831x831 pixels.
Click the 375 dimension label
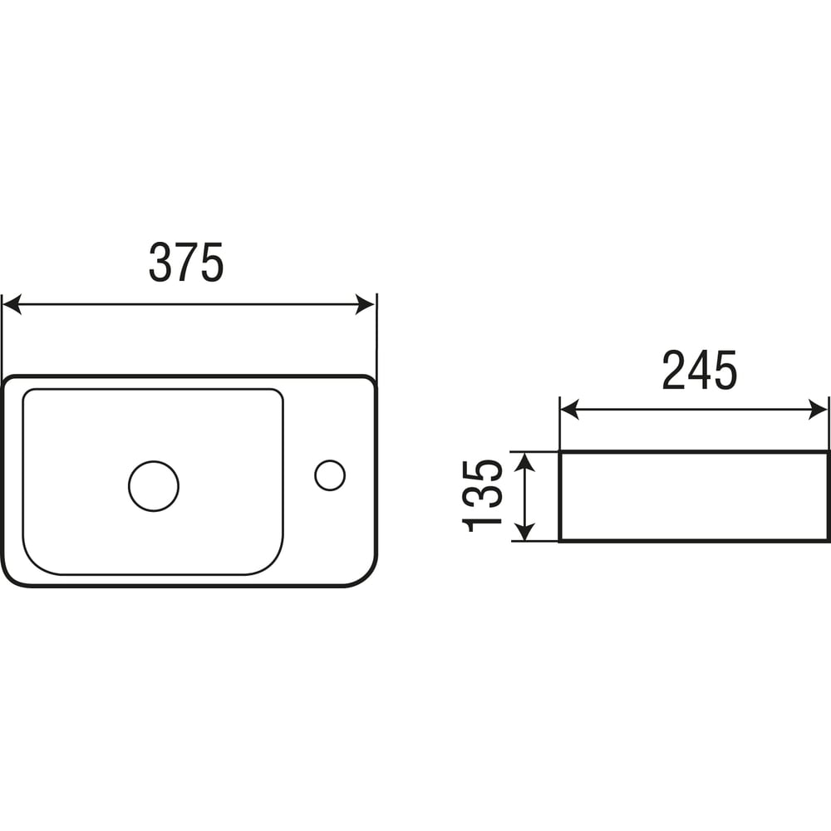[186, 263]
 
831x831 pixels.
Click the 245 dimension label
[699, 370]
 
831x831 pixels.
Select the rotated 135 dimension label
[482, 495]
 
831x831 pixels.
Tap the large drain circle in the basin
[154, 486]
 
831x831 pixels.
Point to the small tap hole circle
[330, 475]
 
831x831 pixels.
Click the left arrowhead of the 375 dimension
[12, 305]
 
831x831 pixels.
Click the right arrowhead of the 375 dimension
[365, 305]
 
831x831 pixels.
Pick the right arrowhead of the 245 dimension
[817, 410]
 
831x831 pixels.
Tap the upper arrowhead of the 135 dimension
[524, 462]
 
